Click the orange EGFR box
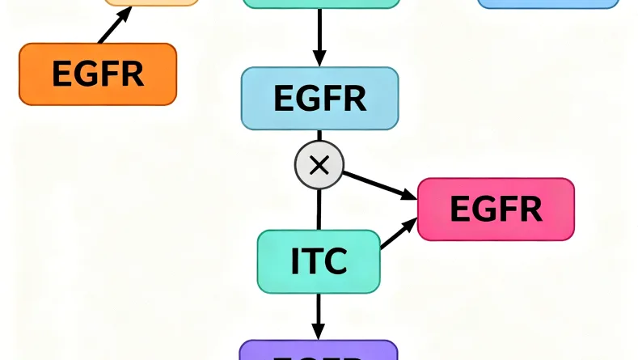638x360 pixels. coord(97,74)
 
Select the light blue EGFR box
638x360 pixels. coord(319,99)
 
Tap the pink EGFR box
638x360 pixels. coord(496,210)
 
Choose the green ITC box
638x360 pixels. coord(319,261)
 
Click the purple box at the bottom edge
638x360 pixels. coord(319,351)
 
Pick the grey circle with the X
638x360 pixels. coord(319,166)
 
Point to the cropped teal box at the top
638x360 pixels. coord(321,3)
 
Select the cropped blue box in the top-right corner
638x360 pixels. coord(547,3)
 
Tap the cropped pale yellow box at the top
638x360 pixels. coord(151,2)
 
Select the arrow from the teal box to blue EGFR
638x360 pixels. coord(319,37)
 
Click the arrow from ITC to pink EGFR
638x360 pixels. coord(399,235)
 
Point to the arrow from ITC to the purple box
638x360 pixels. coord(319,316)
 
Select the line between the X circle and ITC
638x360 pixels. coord(319,209)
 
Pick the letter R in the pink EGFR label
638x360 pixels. coord(529,210)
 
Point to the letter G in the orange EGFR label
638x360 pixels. coord(85,74)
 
